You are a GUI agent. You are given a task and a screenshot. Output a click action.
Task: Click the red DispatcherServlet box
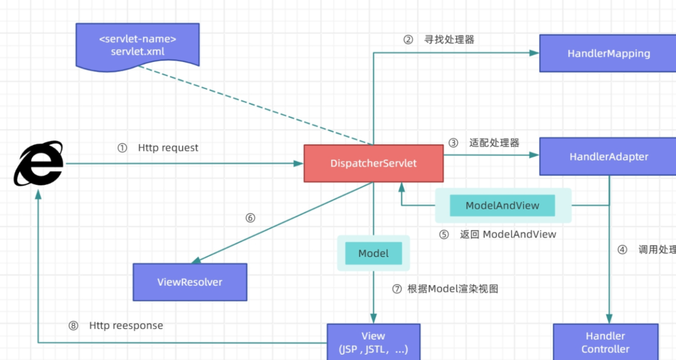[x=373, y=164]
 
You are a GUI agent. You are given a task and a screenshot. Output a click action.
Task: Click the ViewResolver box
[x=190, y=282]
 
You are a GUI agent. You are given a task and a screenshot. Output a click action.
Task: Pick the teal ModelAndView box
[x=502, y=206]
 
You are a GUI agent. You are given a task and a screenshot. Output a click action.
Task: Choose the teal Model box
[x=373, y=253]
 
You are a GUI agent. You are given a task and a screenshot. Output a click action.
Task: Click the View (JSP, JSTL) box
[x=373, y=342]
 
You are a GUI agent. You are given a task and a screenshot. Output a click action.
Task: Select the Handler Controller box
[x=605, y=342]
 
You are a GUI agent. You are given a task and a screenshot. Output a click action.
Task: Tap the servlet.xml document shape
[x=138, y=45]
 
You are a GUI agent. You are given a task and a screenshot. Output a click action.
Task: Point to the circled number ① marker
[x=122, y=148]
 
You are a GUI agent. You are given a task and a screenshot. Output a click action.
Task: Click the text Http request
[x=168, y=148]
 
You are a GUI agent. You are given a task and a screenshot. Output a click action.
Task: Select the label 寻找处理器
[x=449, y=40]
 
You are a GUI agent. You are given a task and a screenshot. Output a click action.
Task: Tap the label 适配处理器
[x=494, y=143]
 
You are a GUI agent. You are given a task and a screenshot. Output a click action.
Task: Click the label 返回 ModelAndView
[x=508, y=234]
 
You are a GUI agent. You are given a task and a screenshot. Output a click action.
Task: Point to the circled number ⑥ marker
[x=250, y=218]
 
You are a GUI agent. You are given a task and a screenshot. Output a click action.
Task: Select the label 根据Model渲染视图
[x=453, y=288]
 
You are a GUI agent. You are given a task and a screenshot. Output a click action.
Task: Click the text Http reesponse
[x=126, y=326]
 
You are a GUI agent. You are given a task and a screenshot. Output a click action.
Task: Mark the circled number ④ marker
[x=622, y=250]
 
